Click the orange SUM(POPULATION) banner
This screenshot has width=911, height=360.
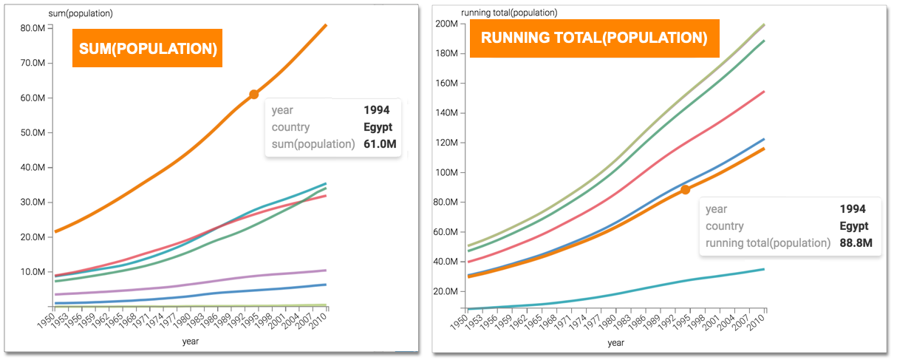(147, 49)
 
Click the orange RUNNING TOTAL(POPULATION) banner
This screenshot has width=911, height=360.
(594, 38)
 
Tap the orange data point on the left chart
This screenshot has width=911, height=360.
(253, 94)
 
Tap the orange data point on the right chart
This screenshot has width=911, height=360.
(685, 190)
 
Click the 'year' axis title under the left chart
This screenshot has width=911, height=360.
(191, 342)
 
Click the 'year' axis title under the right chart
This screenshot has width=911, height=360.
(615, 343)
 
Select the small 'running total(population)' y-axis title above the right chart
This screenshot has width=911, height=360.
(509, 13)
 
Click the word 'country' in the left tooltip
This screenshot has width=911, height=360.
(290, 127)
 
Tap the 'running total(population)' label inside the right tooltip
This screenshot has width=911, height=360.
(768, 242)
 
